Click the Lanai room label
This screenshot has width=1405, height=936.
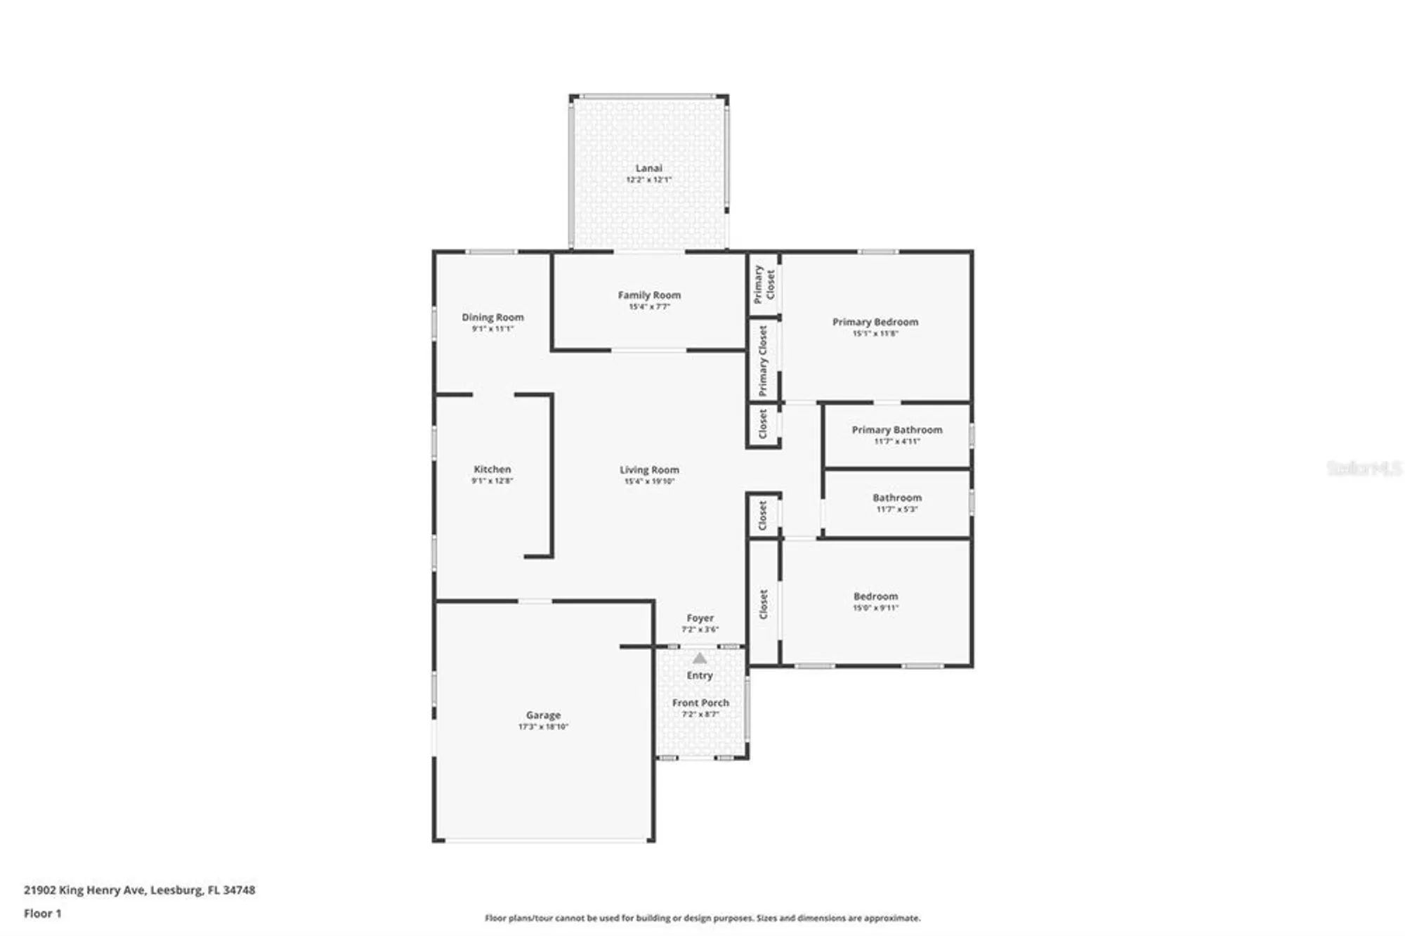click(x=648, y=168)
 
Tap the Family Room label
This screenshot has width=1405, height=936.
click(x=649, y=295)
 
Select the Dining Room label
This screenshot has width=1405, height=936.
click(x=492, y=317)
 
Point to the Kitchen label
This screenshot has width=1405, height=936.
click(x=492, y=469)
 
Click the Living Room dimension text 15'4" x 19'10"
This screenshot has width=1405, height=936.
click(x=649, y=481)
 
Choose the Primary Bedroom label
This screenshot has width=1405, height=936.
click(x=875, y=322)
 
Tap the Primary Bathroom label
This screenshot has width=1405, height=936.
click(x=897, y=429)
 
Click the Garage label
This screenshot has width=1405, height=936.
click(x=543, y=715)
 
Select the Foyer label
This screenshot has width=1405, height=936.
click(x=700, y=618)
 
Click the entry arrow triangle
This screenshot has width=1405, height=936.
click(x=700, y=658)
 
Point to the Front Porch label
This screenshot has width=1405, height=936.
click(x=700, y=703)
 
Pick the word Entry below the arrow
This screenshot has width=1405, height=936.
click(x=700, y=675)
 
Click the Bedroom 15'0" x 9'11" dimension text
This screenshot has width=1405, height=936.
click(x=875, y=608)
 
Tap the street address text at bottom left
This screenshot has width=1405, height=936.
click(x=140, y=890)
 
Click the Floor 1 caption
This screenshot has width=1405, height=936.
click(x=43, y=914)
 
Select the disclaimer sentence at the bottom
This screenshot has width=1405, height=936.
click(x=702, y=918)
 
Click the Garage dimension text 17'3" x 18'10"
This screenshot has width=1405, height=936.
click(x=543, y=727)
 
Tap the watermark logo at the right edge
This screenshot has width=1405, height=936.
click(x=1364, y=468)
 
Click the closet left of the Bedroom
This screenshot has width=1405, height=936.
click(x=764, y=604)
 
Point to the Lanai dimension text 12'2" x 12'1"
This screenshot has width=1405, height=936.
click(x=648, y=180)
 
